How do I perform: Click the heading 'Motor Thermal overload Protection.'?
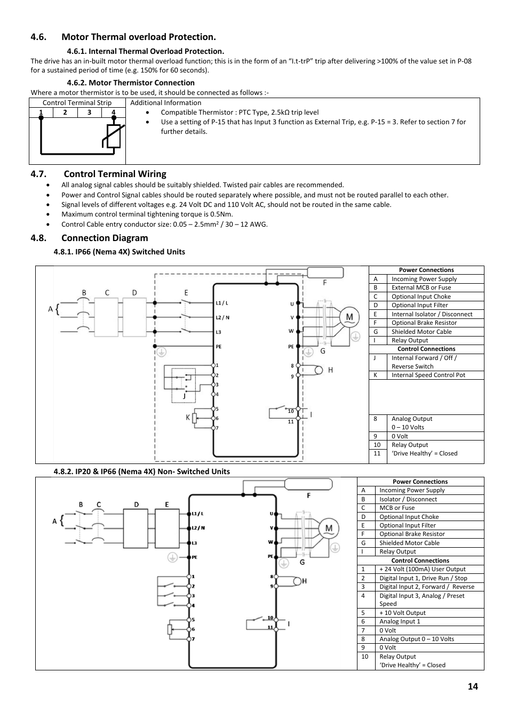click(x=138, y=37)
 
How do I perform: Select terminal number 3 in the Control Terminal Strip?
click(x=89, y=113)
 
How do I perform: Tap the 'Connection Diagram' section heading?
click(x=105, y=238)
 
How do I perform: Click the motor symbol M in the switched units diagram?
click(x=349, y=317)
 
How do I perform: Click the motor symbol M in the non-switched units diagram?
click(x=329, y=528)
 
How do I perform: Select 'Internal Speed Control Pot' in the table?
click(x=428, y=375)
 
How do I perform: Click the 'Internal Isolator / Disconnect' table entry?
click(x=432, y=314)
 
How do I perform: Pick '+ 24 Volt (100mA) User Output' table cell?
click(x=422, y=569)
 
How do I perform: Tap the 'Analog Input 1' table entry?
click(x=400, y=621)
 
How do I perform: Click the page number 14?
click(x=473, y=686)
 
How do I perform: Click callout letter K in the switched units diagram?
click(x=188, y=418)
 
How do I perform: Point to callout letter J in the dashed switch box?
click(x=184, y=396)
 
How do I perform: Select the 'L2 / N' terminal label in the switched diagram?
click(x=222, y=317)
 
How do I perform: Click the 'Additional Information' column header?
click(x=165, y=103)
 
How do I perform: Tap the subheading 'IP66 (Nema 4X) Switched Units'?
click(x=130, y=252)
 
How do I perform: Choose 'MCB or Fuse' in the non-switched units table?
click(x=396, y=508)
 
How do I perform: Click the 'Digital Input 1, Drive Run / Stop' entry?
click(x=423, y=578)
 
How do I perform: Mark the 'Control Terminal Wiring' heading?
click(x=115, y=174)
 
